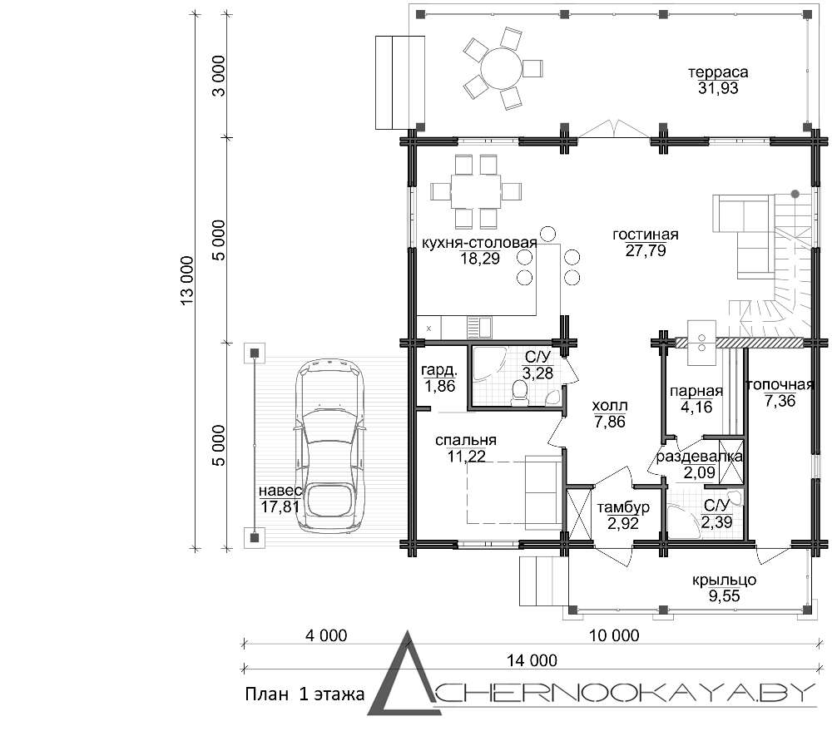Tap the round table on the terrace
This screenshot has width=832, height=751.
[501, 68]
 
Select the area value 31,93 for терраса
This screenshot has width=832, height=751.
[718, 88]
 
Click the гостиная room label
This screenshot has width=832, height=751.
[646, 235]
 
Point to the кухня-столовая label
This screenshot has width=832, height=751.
[480, 243]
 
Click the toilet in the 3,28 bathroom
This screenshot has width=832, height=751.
[519, 393]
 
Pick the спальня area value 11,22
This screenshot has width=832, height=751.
[467, 456]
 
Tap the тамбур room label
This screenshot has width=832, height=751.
[623, 507]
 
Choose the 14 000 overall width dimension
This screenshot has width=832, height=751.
[532, 660]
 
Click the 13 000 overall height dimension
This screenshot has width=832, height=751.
[187, 280]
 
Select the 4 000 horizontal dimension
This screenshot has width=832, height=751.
[326, 635]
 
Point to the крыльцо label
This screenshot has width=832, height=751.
[725, 580]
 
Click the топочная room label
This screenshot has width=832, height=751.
[780, 385]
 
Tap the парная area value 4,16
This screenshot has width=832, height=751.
[696, 408]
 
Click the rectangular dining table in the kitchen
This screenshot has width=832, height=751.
[476, 191]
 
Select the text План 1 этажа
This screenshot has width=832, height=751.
[305, 694]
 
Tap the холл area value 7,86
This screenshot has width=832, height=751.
[610, 422]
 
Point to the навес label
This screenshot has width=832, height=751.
[280, 491]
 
